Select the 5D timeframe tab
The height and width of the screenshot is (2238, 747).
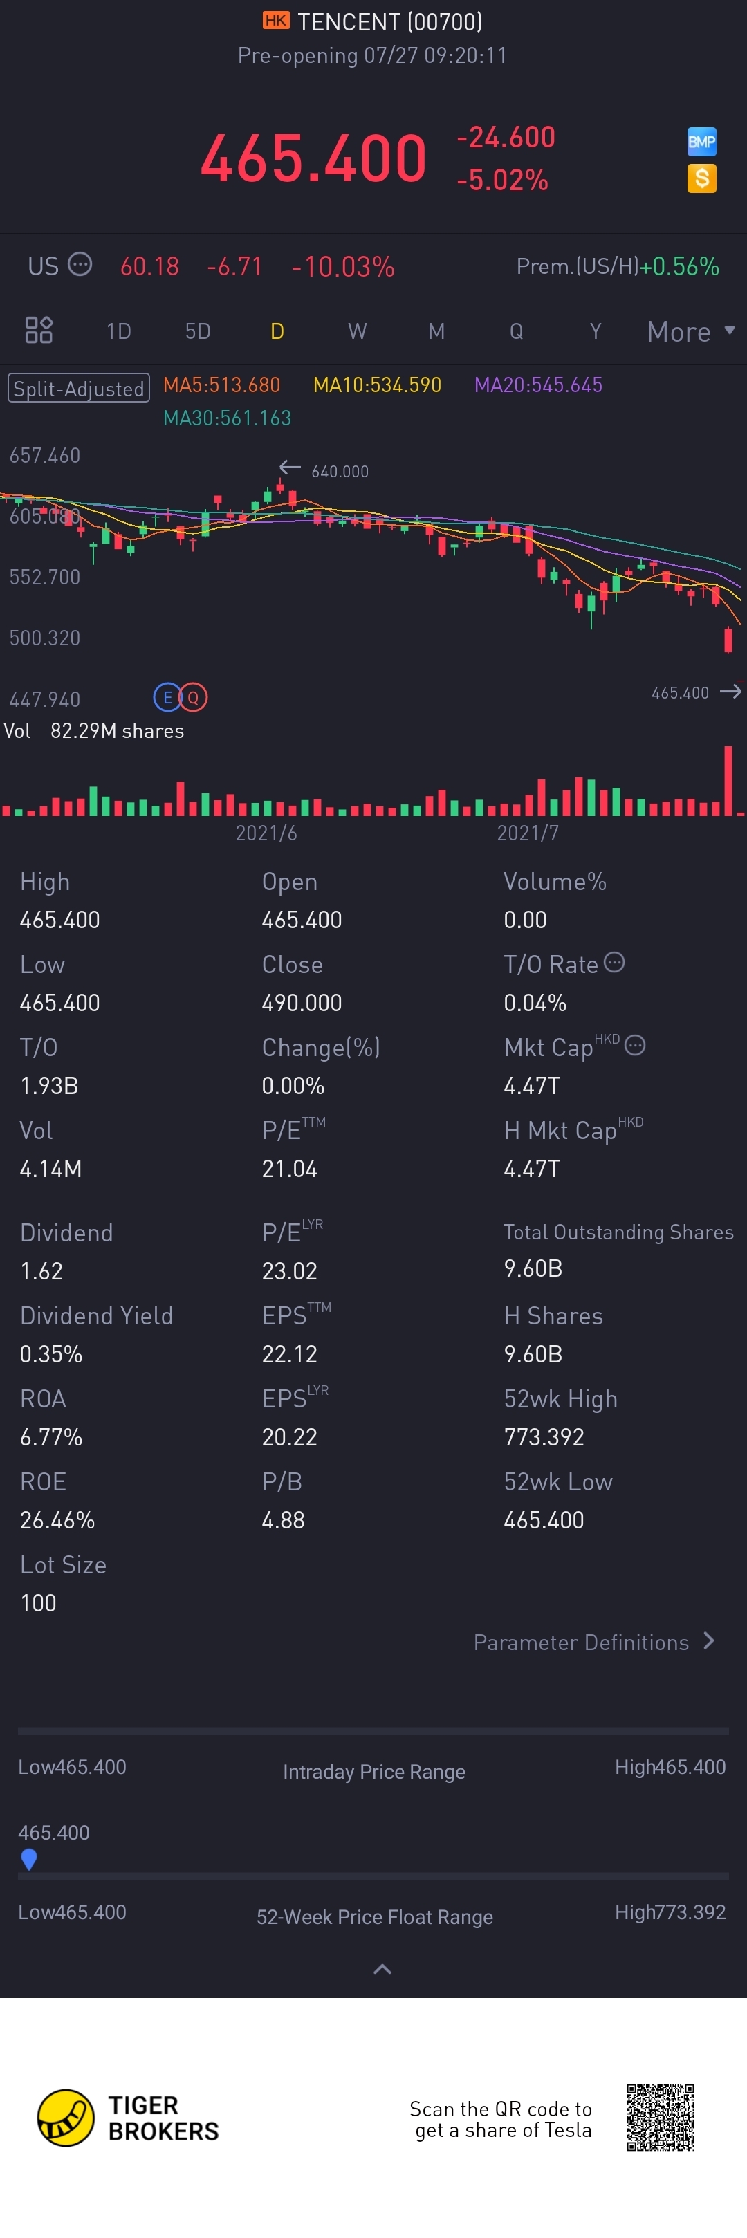pos(198,331)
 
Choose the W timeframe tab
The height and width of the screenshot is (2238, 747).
pos(357,331)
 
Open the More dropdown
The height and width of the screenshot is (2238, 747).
pos(690,331)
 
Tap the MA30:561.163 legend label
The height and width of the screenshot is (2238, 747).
pos(227,418)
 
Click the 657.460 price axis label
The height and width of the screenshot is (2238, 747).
pos(45,455)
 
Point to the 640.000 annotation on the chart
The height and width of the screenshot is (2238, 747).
pos(340,471)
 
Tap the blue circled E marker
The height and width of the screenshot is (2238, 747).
pos(167,696)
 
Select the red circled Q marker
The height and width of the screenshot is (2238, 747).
pos(193,696)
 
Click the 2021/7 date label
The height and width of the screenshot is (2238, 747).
pos(527,833)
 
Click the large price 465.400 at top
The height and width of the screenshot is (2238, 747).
pos(313,159)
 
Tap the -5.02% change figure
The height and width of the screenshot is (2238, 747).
pos(502,180)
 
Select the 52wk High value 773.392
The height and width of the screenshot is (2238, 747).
pos(544,1437)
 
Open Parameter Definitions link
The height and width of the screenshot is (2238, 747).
pos(593,1642)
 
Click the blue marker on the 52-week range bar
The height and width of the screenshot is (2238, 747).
pos(28,1858)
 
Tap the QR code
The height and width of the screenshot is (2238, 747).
pos(660,2117)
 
